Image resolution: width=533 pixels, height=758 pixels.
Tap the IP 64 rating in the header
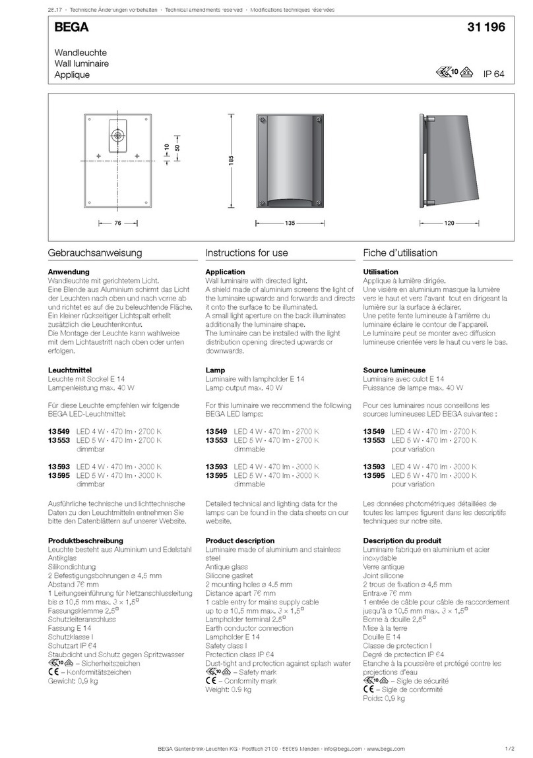pos(493,74)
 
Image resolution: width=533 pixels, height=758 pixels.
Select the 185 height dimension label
pos(232,161)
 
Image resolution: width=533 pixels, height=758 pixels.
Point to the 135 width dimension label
pos(290,224)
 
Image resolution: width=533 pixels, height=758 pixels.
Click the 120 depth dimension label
pos(449,224)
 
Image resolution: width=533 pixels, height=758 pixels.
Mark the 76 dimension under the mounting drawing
pos(117,224)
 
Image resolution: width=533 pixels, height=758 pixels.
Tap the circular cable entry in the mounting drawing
pos(117,135)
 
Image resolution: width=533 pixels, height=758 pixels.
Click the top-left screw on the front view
pos(263,119)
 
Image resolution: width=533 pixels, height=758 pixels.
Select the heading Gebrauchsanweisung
pos(95,252)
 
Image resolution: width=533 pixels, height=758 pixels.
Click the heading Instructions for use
pos(246,252)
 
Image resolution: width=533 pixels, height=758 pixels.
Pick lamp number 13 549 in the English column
pos(217,431)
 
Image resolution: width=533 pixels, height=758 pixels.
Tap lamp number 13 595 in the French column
pos(375,475)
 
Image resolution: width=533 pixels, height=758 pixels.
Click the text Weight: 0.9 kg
pos(228,689)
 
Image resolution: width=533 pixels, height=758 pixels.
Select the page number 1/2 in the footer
pos(509,749)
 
